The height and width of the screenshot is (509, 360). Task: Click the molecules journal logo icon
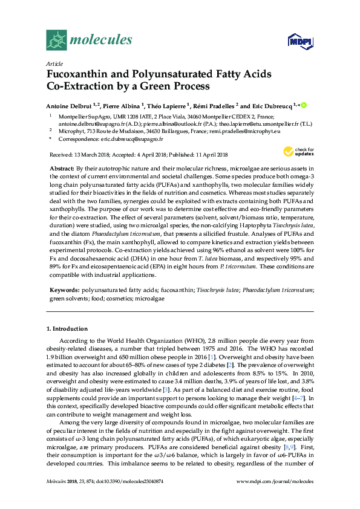pos(56,41)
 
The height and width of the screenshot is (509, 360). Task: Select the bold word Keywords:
pos(64,290)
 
